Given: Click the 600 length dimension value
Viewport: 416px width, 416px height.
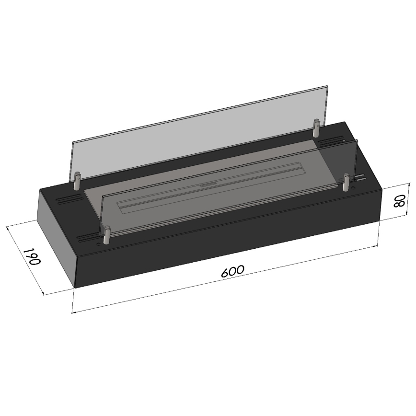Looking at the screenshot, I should tap(233, 271).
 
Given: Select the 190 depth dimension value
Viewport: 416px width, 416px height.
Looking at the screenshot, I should tap(32, 257).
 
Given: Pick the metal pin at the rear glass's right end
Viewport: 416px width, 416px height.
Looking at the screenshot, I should tap(316, 128).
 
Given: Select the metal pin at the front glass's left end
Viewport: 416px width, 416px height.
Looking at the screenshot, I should tap(106, 235).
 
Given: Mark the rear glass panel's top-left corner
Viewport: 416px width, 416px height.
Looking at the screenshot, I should tap(71, 142).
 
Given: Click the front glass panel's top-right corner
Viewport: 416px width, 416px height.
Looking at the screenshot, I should tap(358, 140).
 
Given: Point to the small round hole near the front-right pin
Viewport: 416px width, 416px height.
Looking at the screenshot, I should tap(354, 188).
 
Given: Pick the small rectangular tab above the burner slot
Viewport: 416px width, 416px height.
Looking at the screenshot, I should tap(208, 184).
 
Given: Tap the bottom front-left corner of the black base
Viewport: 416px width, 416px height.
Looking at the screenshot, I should tap(75, 288).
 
